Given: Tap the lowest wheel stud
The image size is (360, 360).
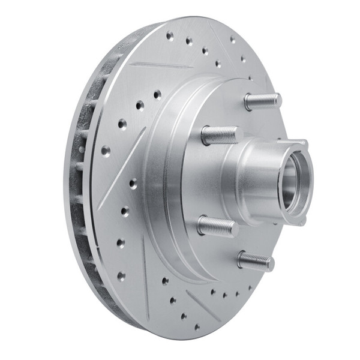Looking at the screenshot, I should tap(255, 260).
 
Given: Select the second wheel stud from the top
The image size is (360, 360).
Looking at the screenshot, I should tap(219, 135).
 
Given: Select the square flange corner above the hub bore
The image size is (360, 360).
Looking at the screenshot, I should tap(300, 144).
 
